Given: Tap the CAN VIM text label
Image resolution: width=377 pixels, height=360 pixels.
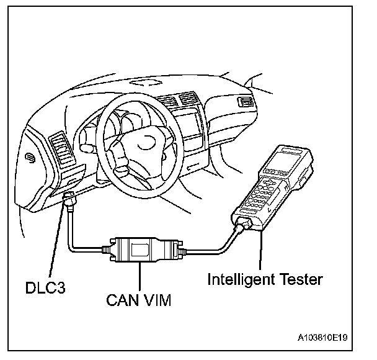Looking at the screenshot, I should click(x=138, y=300).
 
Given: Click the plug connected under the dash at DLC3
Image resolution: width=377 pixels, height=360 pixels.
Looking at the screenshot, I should click(x=69, y=200).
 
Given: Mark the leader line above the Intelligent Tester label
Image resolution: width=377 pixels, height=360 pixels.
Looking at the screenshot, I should click(x=260, y=251).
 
